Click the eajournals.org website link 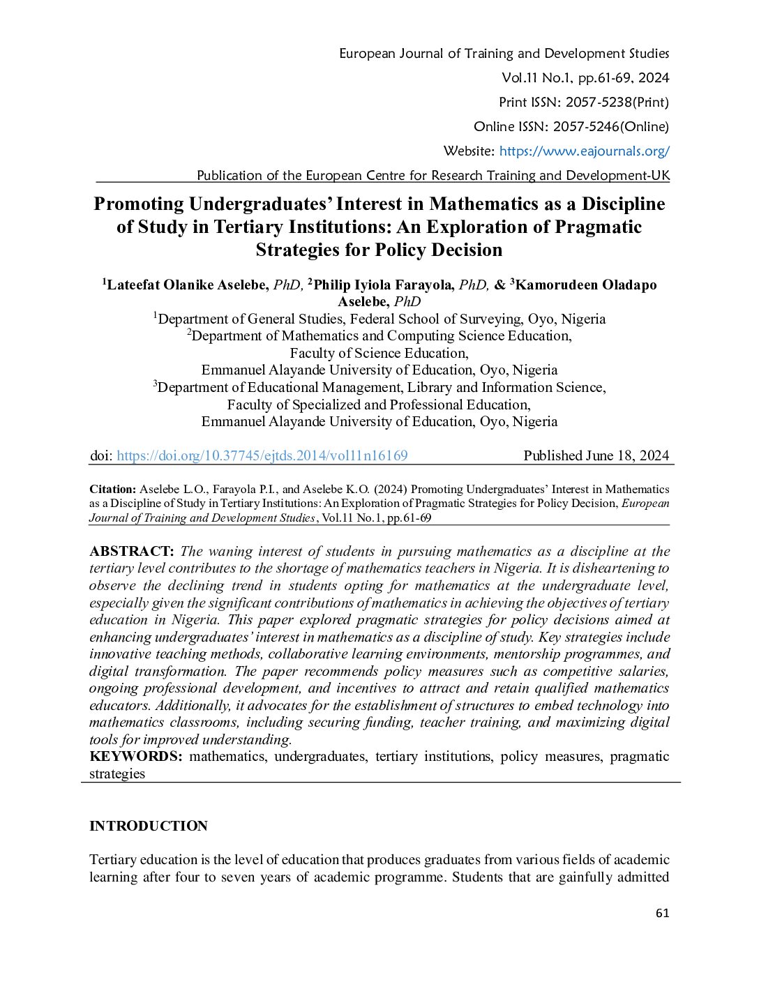584,151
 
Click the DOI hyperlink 262,455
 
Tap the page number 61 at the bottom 662,913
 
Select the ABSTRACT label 131,551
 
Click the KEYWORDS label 135,756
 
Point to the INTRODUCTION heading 149,826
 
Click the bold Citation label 112,489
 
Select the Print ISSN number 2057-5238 598,102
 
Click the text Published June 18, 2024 596,455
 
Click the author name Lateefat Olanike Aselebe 188,285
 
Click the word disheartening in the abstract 614,568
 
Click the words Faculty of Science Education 379,353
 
